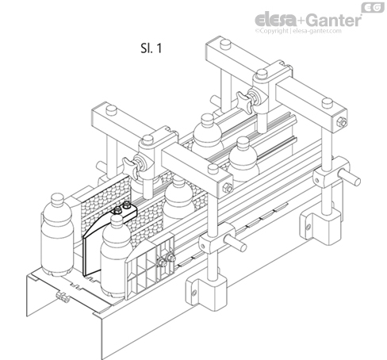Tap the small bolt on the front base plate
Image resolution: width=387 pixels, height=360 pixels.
tap(59, 299)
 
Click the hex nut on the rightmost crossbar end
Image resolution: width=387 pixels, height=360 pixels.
tap(340, 122)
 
